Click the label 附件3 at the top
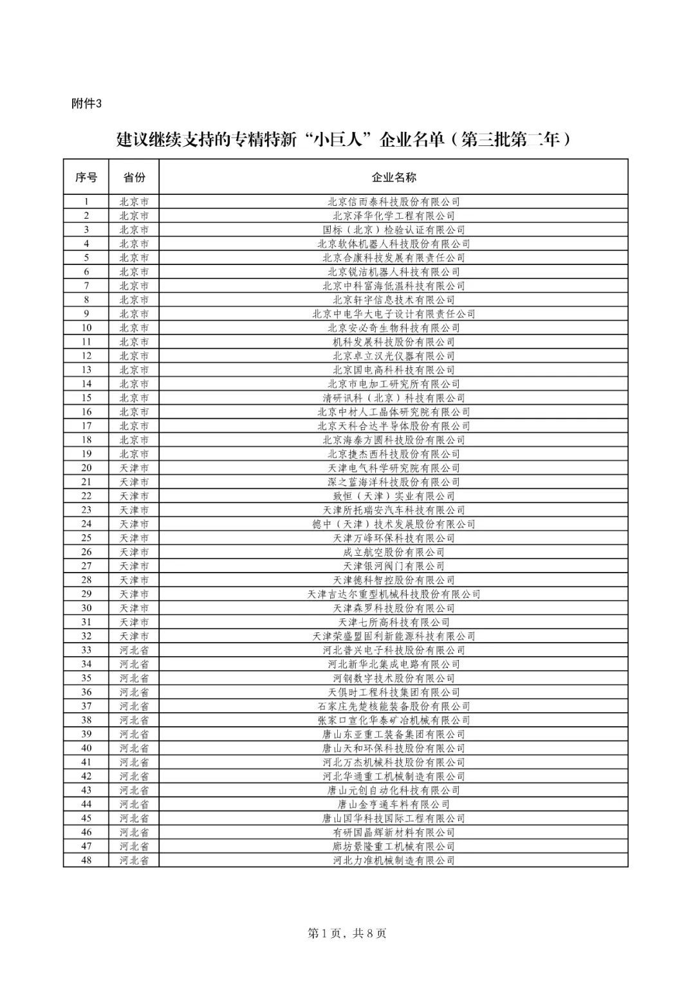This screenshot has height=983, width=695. (x=86, y=104)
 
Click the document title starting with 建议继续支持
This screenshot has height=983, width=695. (x=344, y=139)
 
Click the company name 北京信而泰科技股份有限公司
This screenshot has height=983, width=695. (x=393, y=202)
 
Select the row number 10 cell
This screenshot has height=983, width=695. (x=86, y=328)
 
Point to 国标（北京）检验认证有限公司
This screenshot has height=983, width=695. (x=393, y=230)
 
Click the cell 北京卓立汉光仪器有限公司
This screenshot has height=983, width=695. (x=393, y=356)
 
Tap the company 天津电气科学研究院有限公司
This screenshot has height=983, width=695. (x=393, y=468)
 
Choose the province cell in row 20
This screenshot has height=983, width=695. (x=134, y=468)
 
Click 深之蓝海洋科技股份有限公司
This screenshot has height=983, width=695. (x=393, y=482)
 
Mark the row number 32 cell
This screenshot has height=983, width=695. (x=86, y=636)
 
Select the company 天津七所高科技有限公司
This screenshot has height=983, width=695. (x=393, y=622)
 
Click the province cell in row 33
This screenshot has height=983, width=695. (x=134, y=650)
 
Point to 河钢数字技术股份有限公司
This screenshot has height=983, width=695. (x=393, y=678)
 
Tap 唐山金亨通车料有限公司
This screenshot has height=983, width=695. (x=393, y=804)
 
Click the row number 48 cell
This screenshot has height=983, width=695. (x=86, y=860)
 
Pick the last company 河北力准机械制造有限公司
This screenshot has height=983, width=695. (x=393, y=860)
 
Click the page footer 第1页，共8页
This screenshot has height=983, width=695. (x=347, y=933)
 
